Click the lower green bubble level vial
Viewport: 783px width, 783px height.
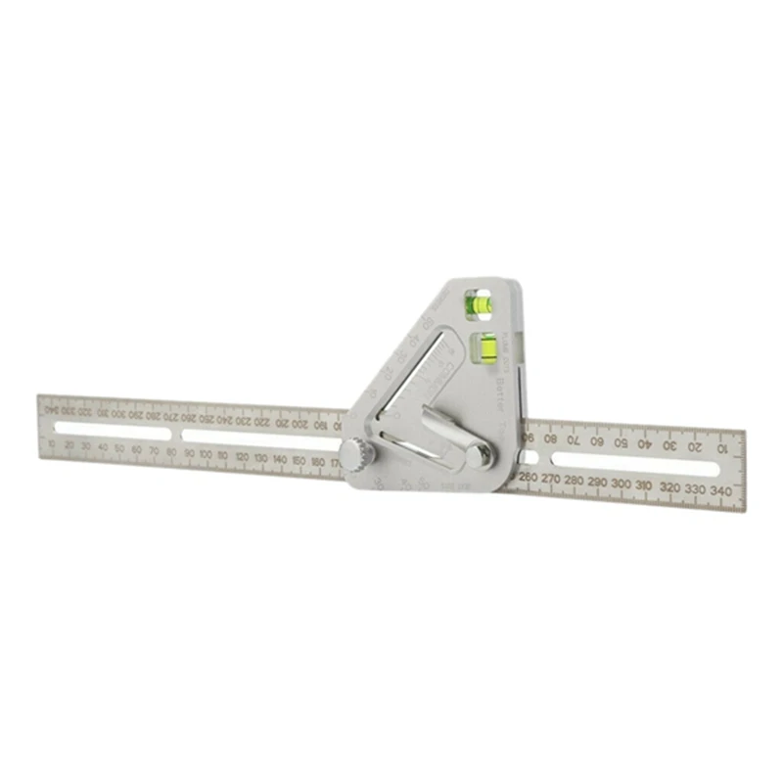click(x=485, y=344)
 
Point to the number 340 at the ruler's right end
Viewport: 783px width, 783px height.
click(x=721, y=490)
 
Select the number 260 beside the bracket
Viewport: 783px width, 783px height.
click(x=529, y=477)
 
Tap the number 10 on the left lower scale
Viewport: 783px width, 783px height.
click(x=51, y=442)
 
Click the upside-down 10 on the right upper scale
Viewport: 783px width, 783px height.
click(x=721, y=448)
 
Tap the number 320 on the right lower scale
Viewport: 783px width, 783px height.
click(x=669, y=487)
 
